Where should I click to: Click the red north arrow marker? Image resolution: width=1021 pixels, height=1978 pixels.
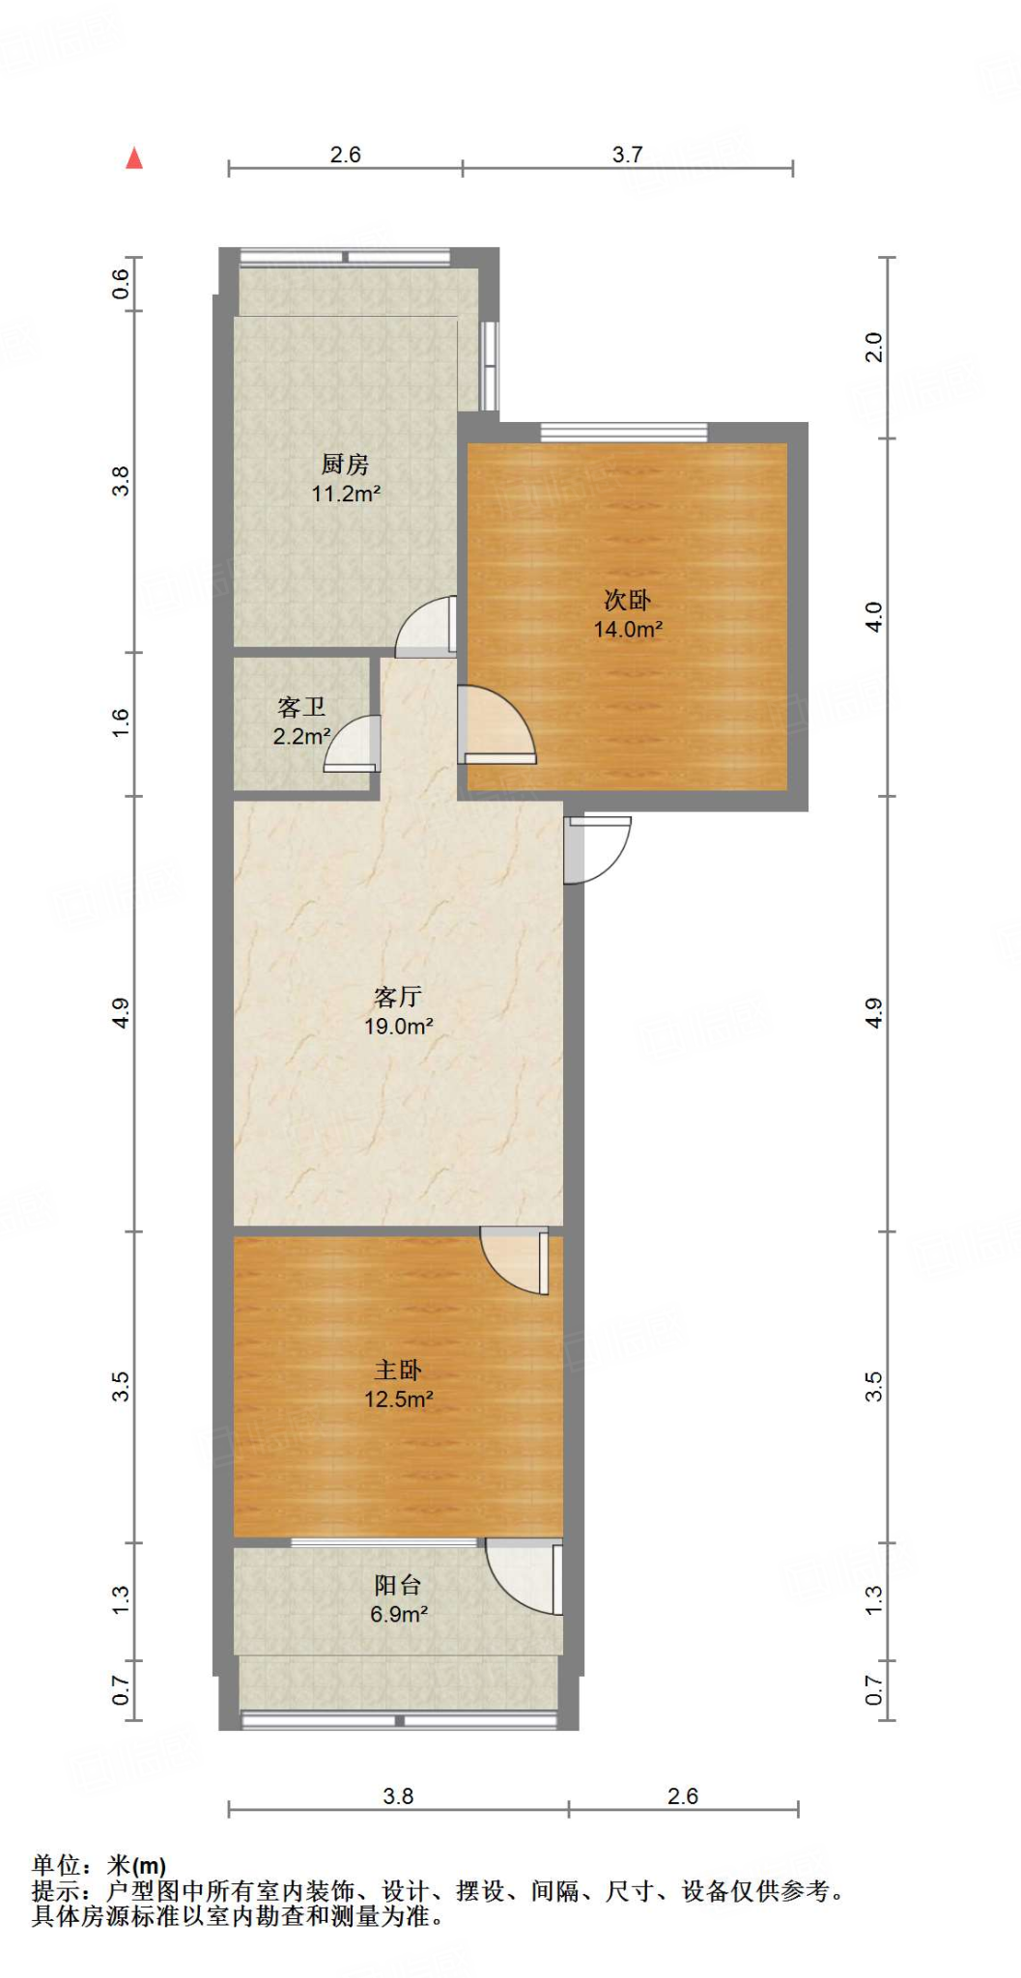coord(134,158)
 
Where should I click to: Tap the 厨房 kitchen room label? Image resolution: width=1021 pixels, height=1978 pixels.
coord(345,465)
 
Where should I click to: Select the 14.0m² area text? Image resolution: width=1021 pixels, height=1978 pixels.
coord(628,630)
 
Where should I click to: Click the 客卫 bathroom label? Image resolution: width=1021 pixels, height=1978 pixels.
coord(300,708)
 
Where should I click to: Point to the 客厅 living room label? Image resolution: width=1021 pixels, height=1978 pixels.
coord(397,997)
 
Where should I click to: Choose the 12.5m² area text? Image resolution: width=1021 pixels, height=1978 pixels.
coord(398,1399)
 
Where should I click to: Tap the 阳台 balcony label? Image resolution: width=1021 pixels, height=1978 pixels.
coord(397,1585)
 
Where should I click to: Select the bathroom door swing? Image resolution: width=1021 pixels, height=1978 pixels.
coord(355,742)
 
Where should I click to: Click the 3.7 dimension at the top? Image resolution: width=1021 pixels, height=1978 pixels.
coord(627,155)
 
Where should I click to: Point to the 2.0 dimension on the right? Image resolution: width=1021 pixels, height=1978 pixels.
coord(873,347)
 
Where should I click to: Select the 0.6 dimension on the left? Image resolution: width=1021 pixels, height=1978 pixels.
coord(121,283)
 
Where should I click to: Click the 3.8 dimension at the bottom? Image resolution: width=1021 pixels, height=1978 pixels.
coord(398,1796)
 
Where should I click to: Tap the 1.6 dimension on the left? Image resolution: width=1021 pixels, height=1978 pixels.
coord(121,723)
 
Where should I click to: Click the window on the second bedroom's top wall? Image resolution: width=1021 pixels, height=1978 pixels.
coord(624,432)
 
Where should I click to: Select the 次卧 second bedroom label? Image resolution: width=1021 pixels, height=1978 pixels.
coord(627,601)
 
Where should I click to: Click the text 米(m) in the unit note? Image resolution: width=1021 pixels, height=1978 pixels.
coord(136,1865)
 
